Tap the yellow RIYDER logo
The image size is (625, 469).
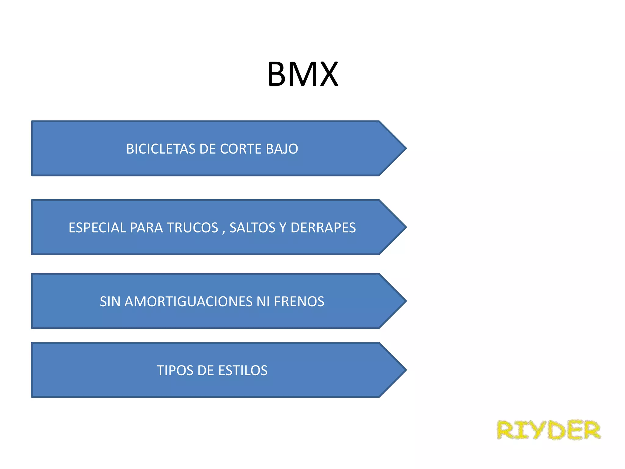(548, 430)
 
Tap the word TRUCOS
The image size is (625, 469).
(193, 228)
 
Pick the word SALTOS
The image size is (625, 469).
(252, 228)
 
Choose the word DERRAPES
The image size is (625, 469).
(323, 228)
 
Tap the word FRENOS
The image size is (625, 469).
(299, 302)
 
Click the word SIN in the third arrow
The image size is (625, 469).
(110, 302)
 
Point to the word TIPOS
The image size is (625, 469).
(174, 371)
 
